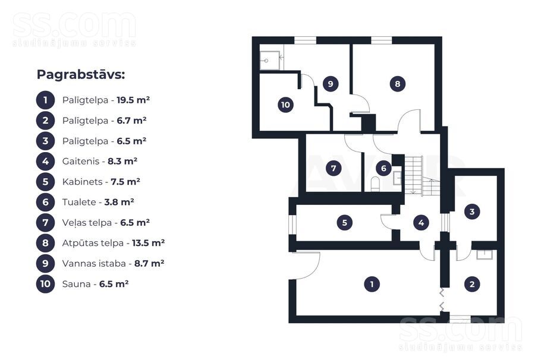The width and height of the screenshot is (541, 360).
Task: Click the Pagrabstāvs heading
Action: pyautogui.click(x=81, y=74)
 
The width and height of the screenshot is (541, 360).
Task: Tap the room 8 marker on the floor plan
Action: pyautogui.click(x=398, y=84)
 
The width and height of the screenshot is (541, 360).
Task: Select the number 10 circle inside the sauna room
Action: pyautogui.click(x=286, y=105)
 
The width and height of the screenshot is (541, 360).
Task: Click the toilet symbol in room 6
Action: pyautogui.click(x=375, y=184)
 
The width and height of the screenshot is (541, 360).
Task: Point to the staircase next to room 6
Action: pyautogui.click(x=422, y=175)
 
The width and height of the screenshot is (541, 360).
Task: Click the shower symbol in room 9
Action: pyautogui.click(x=270, y=61)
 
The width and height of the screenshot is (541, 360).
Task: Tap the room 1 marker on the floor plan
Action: pyautogui.click(x=372, y=284)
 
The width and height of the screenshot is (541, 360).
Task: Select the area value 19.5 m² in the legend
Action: pyautogui.click(x=133, y=100)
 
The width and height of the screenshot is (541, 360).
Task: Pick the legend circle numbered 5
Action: pyautogui.click(x=46, y=182)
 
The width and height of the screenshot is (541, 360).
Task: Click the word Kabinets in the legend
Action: pyautogui.click(x=82, y=182)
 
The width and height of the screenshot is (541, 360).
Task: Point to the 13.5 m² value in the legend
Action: pyautogui.click(x=149, y=243)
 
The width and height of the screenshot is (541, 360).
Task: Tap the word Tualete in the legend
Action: pyautogui.click(x=79, y=202)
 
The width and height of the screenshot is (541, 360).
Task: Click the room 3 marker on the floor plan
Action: pyautogui.click(x=472, y=211)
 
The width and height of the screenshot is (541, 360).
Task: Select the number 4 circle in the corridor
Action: pyautogui.click(x=422, y=223)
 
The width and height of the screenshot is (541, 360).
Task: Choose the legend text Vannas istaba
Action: pyautogui.click(x=94, y=264)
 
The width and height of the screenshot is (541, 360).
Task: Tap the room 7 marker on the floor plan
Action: pyautogui.click(x=334, y=168)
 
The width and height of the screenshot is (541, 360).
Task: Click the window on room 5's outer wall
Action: pyautogui.click(x=292, y=224)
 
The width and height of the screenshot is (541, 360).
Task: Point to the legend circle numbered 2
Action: pyautogui.click(x=46, y=121)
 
